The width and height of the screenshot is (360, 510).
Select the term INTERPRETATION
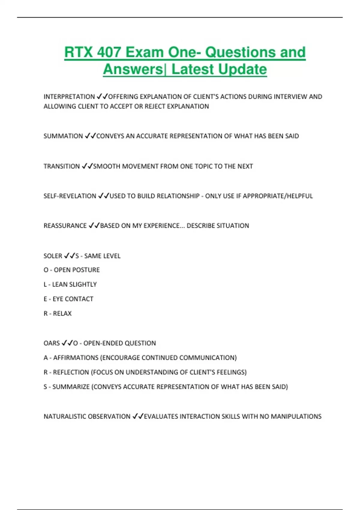[x=69, y=97]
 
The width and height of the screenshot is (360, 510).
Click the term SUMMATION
[x=63, y=136]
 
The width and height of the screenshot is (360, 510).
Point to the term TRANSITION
[x=61, y=166]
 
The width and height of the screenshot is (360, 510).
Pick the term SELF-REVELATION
[x=70, y=196]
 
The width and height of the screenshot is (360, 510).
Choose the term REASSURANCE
[x=65, y=226]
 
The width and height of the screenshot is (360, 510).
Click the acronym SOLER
[x=53, y=256]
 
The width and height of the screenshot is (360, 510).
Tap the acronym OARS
[x=52, y=343]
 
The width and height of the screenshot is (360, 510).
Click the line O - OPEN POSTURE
[x=71, y=270]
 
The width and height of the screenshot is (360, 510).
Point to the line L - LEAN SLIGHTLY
[x=70, y=284]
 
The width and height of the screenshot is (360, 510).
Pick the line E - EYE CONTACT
[x=68, y=299]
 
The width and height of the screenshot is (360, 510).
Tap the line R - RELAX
[x=57, y=313]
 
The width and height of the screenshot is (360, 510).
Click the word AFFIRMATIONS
[x=76, y=358]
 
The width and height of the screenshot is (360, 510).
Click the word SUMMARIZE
[x=71, y=387]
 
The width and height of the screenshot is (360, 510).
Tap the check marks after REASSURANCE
[x=94, y=226]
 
